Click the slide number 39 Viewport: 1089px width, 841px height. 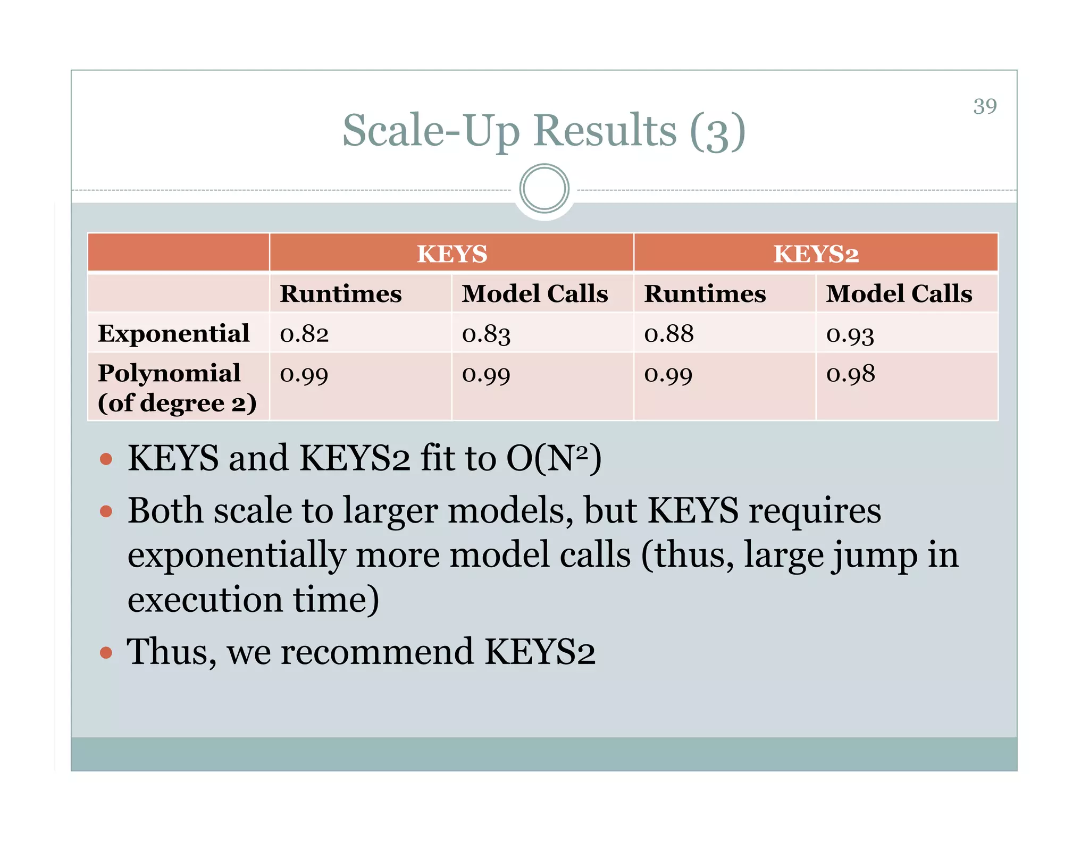point(985,106)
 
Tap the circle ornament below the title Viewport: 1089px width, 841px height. point(544,189)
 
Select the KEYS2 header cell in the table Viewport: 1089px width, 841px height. point(816,254)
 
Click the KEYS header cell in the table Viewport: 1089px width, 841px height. point(451,254)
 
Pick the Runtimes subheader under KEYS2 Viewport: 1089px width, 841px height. point(705,293)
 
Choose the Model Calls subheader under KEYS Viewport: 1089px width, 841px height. point(534,293)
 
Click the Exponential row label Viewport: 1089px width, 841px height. point(173,333)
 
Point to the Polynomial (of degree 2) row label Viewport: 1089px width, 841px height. point(177,388)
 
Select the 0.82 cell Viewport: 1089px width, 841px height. point(304,334)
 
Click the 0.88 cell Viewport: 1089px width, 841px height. point(669,334)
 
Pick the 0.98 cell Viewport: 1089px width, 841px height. point(850,374)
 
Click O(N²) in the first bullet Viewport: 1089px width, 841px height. point(554,458)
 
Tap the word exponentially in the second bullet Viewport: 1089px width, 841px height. point(237,556)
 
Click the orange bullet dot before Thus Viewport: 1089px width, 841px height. point(106,652)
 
